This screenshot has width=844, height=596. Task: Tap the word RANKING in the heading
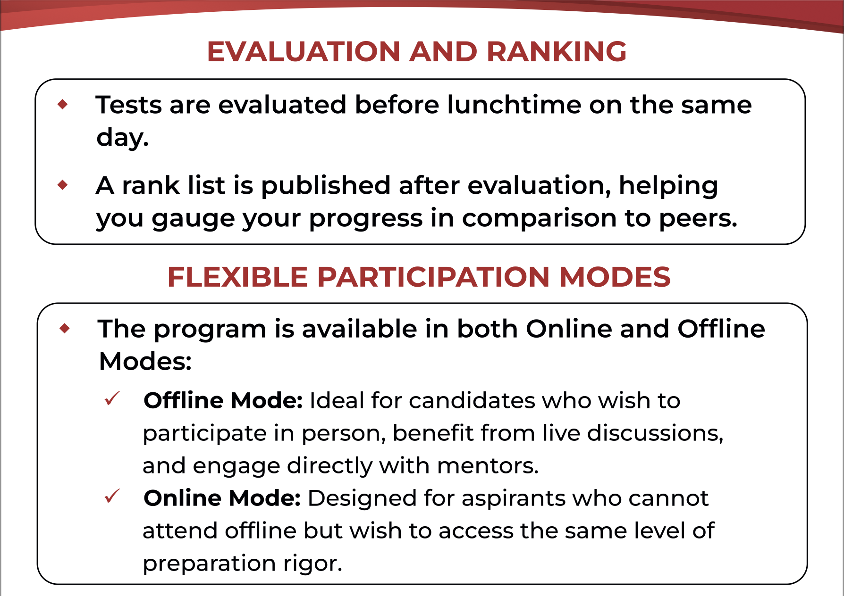[557, 51]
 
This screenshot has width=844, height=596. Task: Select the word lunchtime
[514, 105]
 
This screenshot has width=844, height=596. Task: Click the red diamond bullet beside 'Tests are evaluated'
[62, 104]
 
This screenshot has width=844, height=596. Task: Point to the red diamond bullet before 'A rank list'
[62, 185]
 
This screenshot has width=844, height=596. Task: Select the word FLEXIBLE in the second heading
[237, 277]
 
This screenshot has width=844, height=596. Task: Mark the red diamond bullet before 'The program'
[65, 329]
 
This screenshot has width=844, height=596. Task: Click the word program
[210, 330]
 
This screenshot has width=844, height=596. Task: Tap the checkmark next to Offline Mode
[112, 399]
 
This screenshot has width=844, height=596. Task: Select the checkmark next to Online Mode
[112, 496]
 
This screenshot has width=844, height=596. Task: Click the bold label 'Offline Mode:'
[223, 401]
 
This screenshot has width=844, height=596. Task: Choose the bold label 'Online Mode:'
[222, 498]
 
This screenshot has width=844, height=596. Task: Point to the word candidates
[472, 401]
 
